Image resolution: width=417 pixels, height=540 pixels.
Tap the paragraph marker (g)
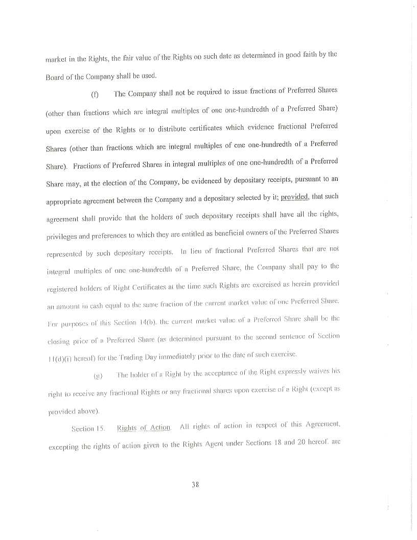tap(98, 377)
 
